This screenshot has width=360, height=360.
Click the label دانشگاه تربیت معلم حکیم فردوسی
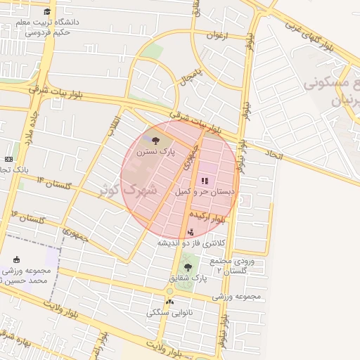tap(49, 27)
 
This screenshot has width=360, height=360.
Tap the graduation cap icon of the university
tap(47, 12)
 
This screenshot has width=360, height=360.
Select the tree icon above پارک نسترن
tap(155, 141)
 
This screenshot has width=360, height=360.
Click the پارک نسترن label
tap(156, 151)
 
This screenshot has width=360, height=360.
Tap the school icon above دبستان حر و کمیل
tap(205, 181)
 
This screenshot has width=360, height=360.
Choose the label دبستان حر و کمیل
tap(203, 191)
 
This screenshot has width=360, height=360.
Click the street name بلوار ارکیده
tap(212, 220)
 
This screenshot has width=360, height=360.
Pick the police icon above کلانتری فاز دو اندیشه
tap(191, 232)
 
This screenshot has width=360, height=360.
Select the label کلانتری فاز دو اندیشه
tap(192, 243)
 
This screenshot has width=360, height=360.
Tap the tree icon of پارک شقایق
tap(187, 267)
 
